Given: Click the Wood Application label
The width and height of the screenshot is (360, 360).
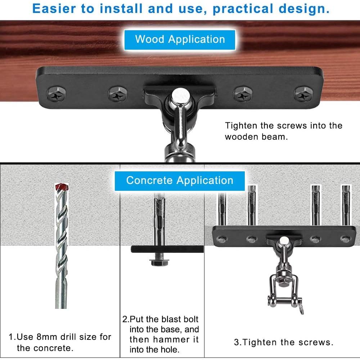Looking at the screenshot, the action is [x=180, y=40].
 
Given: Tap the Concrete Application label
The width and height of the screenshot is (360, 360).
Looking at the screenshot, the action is [x=180, y=181].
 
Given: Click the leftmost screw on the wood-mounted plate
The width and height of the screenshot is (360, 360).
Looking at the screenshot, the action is [x=57, y=94].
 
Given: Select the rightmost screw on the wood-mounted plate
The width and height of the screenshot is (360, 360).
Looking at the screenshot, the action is [x=303, y=94].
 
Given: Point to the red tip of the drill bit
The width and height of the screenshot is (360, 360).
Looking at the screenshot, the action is [x=62, y=186].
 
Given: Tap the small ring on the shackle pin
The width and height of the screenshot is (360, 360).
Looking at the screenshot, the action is [x=301, y=310].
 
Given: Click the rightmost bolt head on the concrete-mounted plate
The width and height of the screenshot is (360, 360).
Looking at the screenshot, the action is [x=345, y=239].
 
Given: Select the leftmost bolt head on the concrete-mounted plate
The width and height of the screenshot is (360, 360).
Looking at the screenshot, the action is [x=222, y=239].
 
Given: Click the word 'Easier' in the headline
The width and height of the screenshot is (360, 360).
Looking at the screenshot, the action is [x=54, y=9].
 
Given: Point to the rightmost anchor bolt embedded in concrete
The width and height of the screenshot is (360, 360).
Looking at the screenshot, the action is [x=346, y=205].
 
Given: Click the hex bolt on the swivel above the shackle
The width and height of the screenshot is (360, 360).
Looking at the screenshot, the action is [x=284, y=283].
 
